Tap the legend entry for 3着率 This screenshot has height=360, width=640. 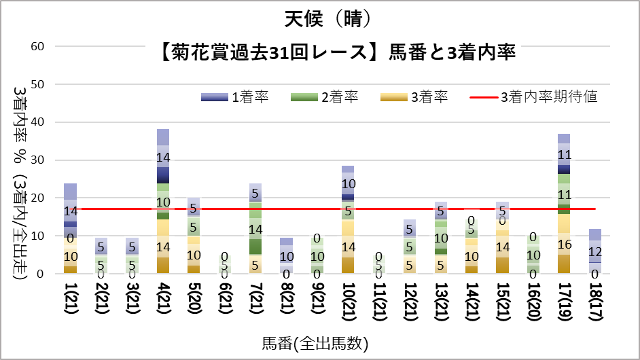click(428, 97)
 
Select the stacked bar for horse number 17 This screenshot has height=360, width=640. click(564, 204)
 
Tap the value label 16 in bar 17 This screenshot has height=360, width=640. click(564, 245)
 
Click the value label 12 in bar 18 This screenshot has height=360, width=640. click(595, 251)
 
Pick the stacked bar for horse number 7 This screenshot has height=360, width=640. click(255, 228)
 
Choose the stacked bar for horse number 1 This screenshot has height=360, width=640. click(71, 228)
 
